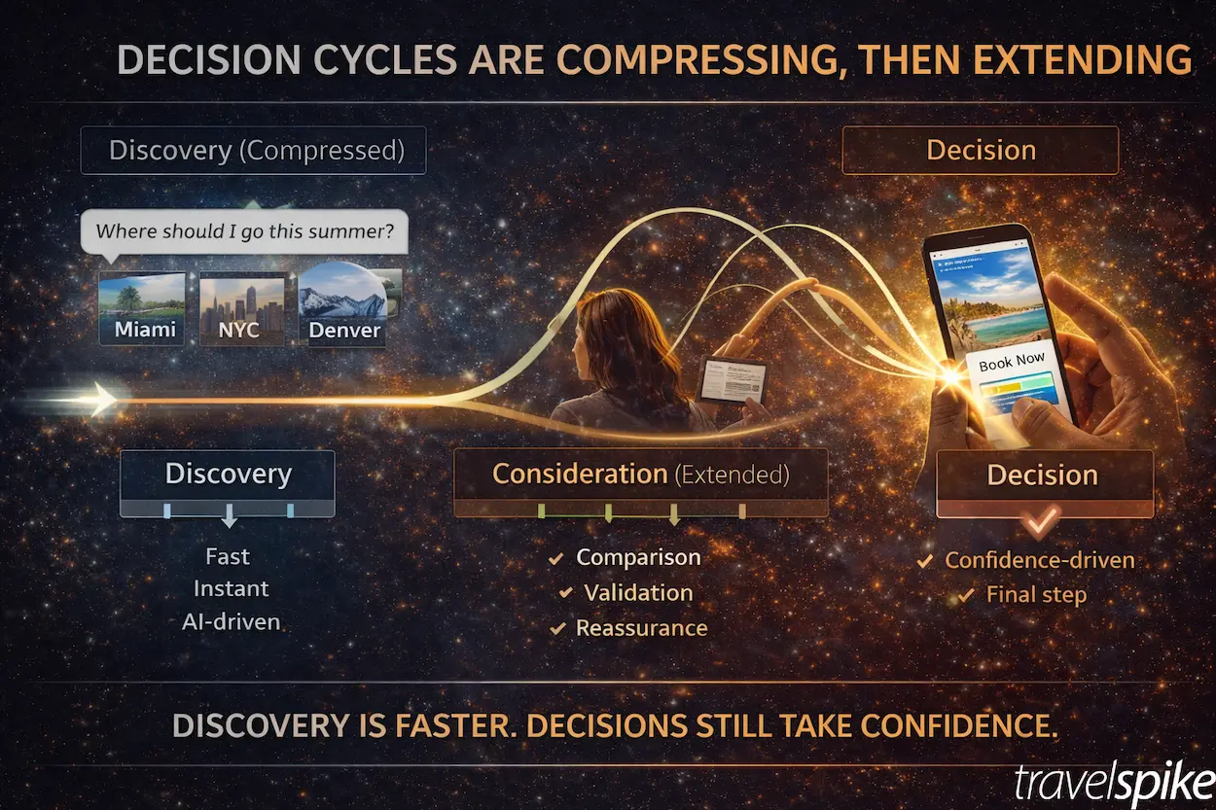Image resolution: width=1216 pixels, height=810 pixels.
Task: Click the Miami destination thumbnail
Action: pyautogui.click(x=142, y=308)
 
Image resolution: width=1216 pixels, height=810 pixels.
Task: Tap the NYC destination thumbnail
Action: pyautogui.click(x=240, y=308)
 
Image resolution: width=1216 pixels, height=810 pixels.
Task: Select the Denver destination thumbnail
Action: pyautogui.click(x=342, y=304)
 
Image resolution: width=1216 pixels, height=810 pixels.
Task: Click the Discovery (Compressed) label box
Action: pyautogui.click(x=253, y=151)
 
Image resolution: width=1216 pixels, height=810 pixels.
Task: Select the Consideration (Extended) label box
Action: pyautogui.click(x=640, y=475)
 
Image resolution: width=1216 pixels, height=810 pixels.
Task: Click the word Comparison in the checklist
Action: pyautogui.click(x=638, y=557)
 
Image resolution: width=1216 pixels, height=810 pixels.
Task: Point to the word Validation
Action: pyautogui.click(x=638, y=592)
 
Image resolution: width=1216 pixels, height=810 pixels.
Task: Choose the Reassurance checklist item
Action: pyautogui.click(x=641, y=628)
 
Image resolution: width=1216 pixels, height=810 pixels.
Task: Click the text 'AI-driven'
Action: pyautogui.click(x=230, y=622)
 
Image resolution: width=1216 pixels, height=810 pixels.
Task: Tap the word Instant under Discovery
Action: pyautogui.click(x=231, y=589)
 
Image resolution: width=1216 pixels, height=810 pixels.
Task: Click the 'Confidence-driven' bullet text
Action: pyautogui.click(x=1039, y=560)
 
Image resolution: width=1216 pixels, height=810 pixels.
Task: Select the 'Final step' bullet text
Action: pyautogui.click(x=1035, y=595)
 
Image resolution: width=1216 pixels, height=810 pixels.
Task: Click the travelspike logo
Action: pyautogui.click(x=1110, y=782)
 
